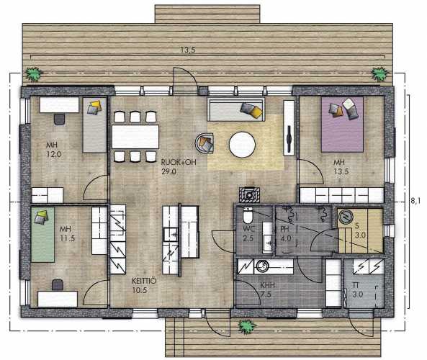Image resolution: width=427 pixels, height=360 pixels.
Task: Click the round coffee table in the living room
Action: (242, 145)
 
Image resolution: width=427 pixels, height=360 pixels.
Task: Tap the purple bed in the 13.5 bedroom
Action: (342, 125)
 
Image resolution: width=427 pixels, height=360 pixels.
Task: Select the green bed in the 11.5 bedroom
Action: (42, 235)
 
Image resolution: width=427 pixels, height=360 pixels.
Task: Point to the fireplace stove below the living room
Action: (249, 194)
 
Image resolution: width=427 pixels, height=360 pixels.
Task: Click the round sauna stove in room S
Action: (346, 217)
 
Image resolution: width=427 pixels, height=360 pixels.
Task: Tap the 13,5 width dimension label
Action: (188, 50)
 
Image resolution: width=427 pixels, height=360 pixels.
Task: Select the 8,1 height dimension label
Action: (415, 201)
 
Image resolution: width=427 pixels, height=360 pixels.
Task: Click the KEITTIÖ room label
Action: (144, 281)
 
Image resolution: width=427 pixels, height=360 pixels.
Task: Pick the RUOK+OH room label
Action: (179, 162)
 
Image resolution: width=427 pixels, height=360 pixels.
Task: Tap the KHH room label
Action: (267, 285)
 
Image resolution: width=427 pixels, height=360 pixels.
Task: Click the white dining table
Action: (135, 136)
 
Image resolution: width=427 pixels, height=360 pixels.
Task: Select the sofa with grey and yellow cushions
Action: (236, 109)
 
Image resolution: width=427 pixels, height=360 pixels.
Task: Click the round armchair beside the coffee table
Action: (204, 143)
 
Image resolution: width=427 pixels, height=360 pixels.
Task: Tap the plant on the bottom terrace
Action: (247, 326)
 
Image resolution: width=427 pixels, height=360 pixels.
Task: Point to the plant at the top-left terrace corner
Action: (34, 73)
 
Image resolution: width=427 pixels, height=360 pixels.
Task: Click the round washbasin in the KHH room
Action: (263, 266)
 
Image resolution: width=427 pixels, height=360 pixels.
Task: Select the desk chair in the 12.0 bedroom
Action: (59, 120)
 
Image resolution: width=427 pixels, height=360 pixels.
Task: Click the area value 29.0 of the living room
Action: (168, 172)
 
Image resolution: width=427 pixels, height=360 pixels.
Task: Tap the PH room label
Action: (284, 229)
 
